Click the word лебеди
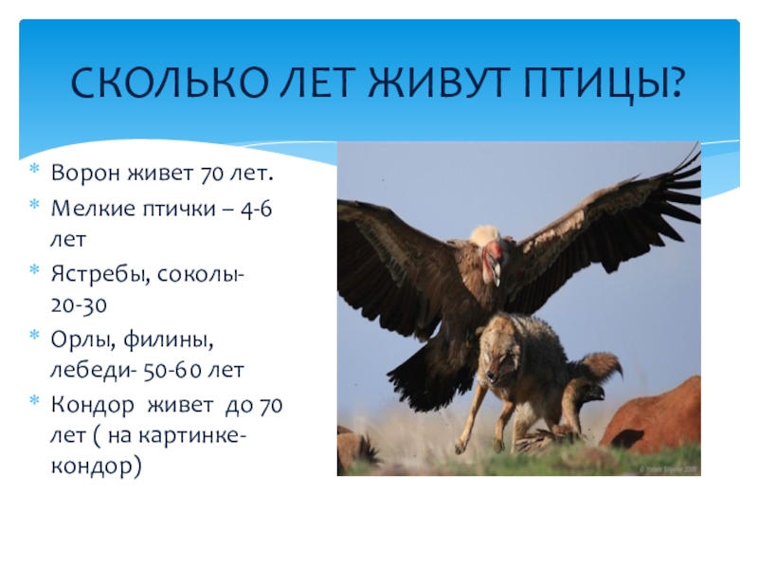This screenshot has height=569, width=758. pos(88,371)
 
